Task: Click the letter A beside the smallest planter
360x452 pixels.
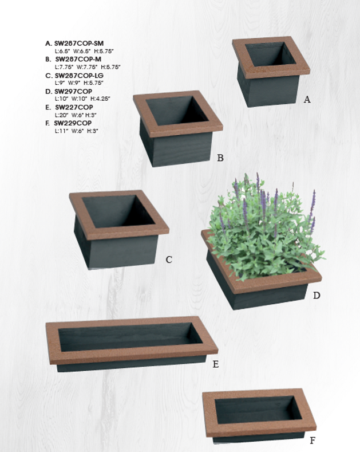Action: click(x=307, y=100)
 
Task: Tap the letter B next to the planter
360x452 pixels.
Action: click(x=220, y=158)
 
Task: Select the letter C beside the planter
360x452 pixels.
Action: click(x=169, y=260)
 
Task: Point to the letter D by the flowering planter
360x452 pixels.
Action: click(x=317, y=296)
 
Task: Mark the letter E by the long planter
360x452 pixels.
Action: click(x=216, y=364)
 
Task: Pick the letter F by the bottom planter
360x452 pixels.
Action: click(x=312, y=441)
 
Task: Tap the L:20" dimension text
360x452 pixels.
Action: click(x=62, y=115)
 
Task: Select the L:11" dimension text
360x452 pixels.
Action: click(x=61, y=131)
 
